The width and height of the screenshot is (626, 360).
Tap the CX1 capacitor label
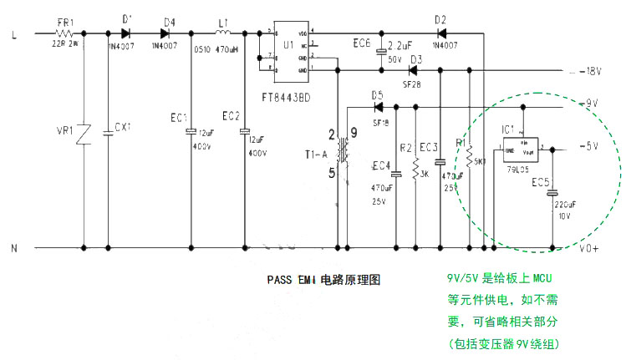coord(123,126)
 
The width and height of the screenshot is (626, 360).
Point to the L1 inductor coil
coord(223,34)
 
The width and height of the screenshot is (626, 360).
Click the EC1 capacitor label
coord(178,116)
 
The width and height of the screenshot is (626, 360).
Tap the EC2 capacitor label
coord(231,116)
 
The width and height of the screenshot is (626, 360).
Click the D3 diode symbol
coord(413,71)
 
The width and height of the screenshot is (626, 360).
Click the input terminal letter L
coord(14,35)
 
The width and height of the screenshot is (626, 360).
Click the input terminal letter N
coord(13,248)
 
